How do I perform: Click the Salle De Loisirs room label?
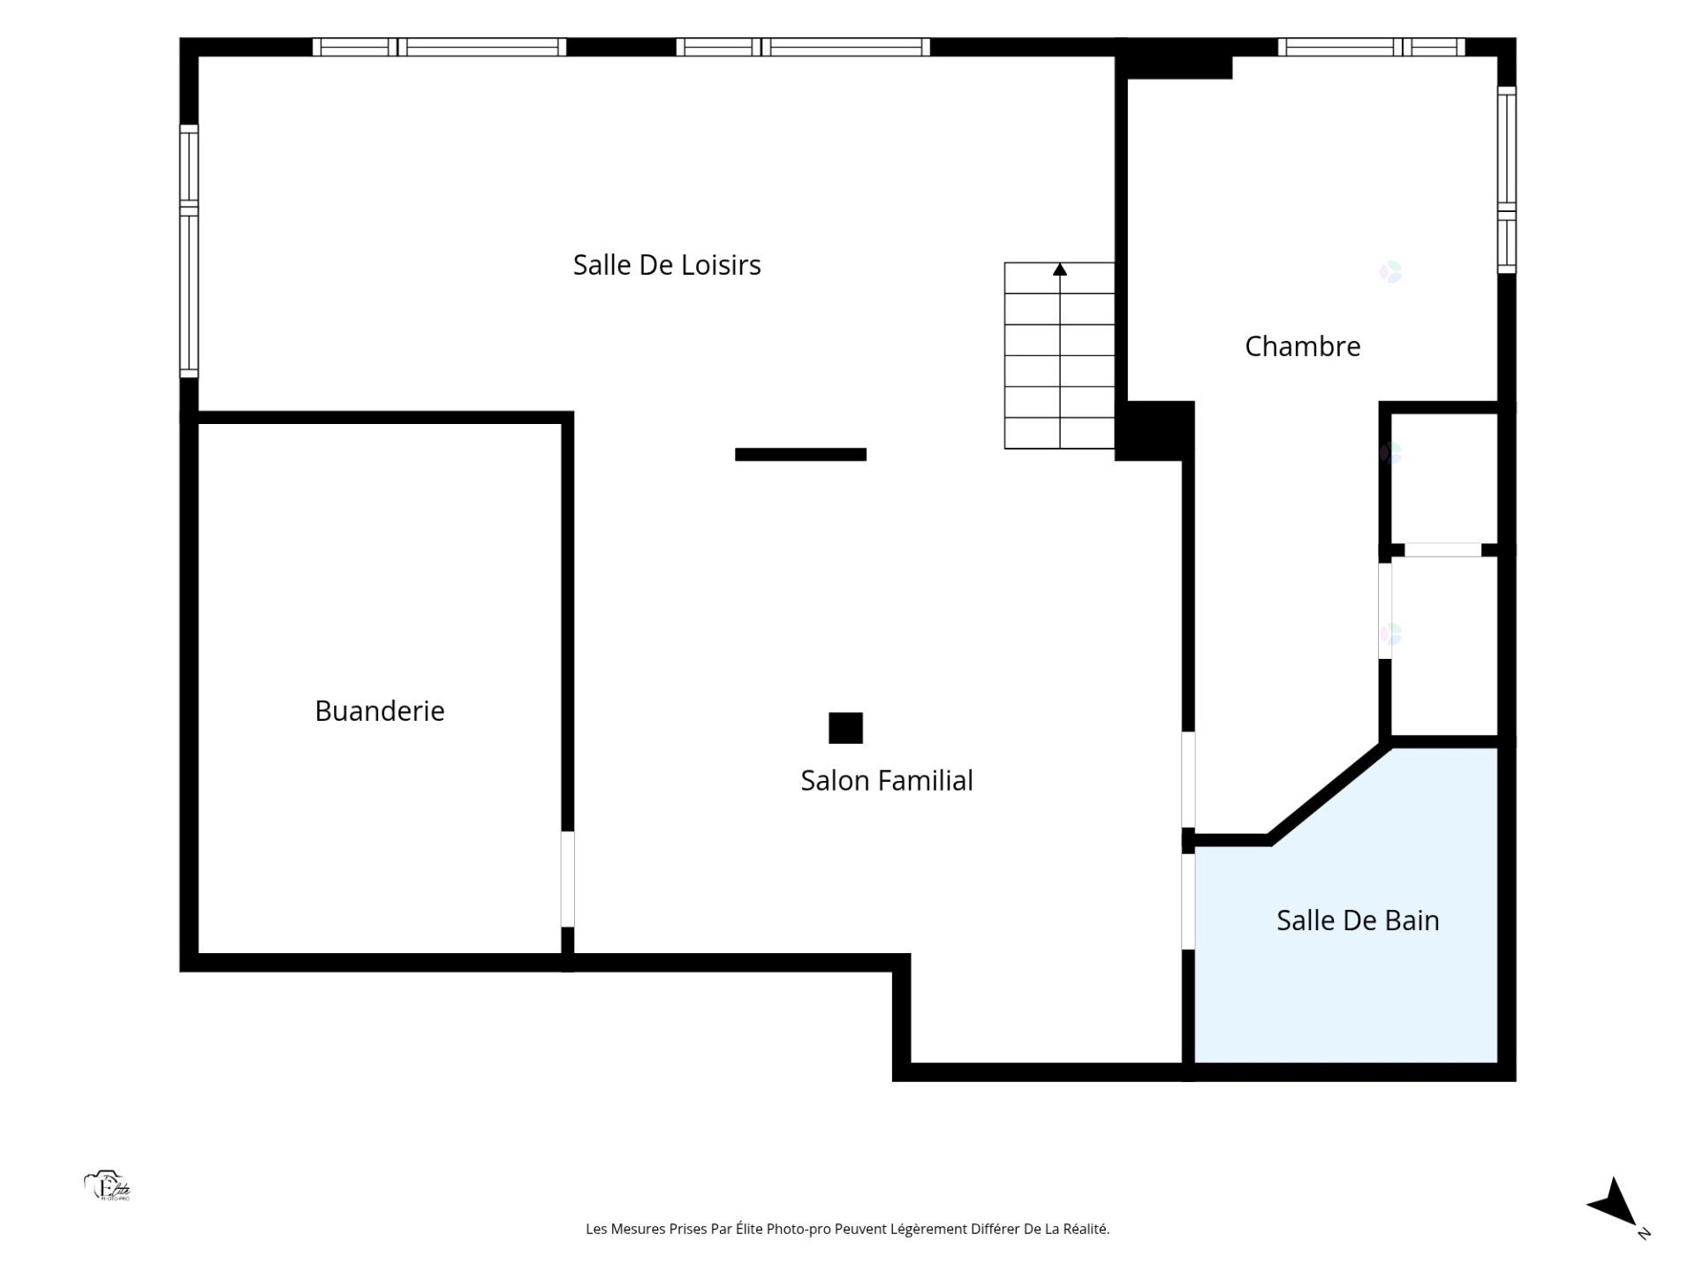(667, 265)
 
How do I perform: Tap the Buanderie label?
(380, 711)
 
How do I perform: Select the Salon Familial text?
(887, 781)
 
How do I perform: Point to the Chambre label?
(1302, 346)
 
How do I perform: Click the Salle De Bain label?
(1358, 920)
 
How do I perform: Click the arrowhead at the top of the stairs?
(1060, 269)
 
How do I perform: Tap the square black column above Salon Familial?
(845, 728)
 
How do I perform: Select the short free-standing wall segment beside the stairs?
(800, 454)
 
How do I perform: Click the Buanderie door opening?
(568, 879)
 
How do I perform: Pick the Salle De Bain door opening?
(1189, 901)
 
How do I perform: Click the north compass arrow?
(1614, 1202)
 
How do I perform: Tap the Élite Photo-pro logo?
(108, 1186)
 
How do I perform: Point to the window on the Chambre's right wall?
(1507, 179)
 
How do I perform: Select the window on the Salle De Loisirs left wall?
(189, 251)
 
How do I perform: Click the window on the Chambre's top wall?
(1371, 47)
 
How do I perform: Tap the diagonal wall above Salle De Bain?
(1329, 793)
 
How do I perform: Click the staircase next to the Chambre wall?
(1059, 355)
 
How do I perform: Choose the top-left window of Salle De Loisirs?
(439, 47)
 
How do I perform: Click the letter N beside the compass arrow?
(1644, 1233)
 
